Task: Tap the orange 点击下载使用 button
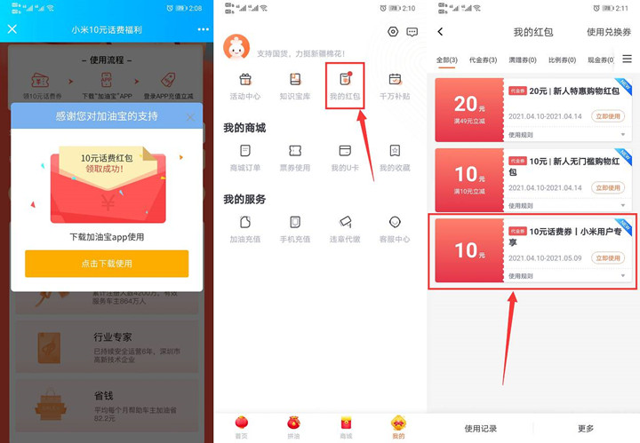107,264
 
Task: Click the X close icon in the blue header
12,29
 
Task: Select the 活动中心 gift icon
245,84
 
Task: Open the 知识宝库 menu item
295,84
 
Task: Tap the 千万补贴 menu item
395,84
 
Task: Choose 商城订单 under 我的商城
245,156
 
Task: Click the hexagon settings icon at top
393,32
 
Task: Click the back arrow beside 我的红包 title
440,32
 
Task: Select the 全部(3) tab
447,60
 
